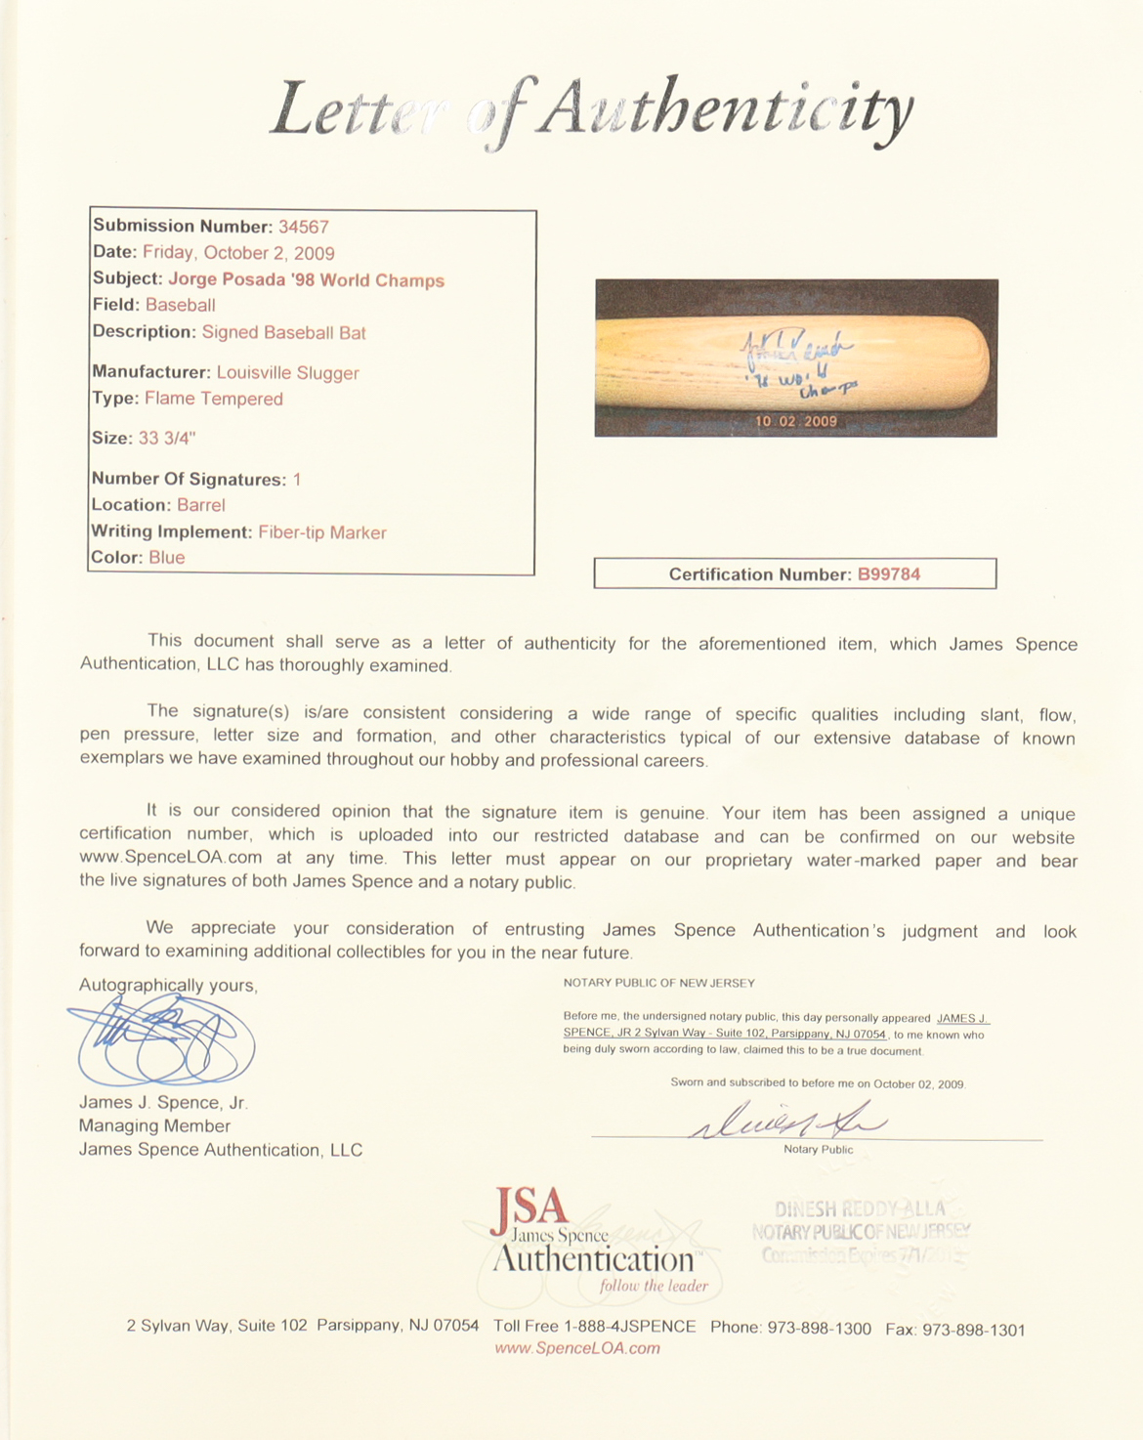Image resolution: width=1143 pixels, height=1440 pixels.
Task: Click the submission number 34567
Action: click(x=304, y=227)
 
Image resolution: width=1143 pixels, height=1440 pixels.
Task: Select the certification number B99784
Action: click(x=889, y=574)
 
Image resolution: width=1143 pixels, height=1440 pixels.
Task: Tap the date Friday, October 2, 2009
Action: click(x=238, y=253)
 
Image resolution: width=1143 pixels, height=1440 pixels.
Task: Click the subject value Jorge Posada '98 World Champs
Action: click(x=306, y=280)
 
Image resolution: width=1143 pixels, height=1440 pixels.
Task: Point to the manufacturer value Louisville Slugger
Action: click(x=287, y=372)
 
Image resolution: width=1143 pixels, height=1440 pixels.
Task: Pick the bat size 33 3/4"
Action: click(x=167, y=439)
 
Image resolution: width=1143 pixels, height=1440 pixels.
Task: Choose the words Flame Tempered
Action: click(x=214, y=399)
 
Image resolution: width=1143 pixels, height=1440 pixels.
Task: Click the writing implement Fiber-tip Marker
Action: click(x=322, y=532)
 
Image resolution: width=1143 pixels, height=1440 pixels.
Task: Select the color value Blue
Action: click(x=167, y=558)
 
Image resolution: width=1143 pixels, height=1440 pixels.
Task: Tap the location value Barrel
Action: click(x=201, y=505)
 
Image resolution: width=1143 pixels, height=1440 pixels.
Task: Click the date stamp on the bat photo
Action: click(x=795, y=422)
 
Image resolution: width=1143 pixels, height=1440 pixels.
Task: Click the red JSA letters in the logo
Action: click(x=529, y=1207)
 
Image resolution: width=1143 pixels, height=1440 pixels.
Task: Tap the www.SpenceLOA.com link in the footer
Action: click(x=577, y=1348)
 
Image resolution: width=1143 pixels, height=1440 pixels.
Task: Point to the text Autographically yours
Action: click(x=168, y=986)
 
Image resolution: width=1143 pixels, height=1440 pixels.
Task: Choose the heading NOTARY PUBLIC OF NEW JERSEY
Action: click(x=659, y=983)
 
